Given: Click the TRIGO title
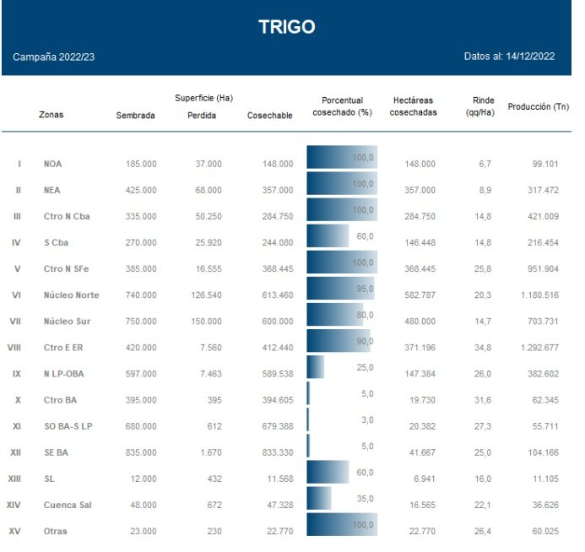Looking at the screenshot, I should click(x=287, y=27).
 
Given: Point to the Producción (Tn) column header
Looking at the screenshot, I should click(x=538, y=107).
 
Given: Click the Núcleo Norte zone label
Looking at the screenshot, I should click(x=71, y=295).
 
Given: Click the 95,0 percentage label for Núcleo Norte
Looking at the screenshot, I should click(x=364, y=290).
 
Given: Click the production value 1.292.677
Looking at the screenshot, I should click(x=539, y=348).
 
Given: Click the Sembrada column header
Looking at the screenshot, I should click(x=135, y=116).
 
